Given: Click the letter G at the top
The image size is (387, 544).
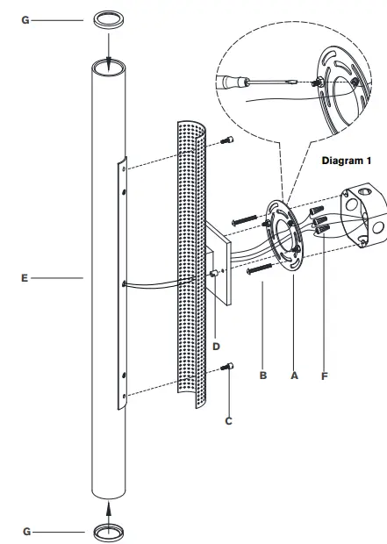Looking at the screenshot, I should click(25, 18).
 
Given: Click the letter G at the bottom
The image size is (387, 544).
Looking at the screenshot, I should click(25, 532).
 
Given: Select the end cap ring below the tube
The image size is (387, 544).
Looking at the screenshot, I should click(109, 531).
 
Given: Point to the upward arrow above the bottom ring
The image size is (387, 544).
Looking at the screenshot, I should click(109, 508).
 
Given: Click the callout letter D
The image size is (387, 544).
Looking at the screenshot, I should click(216, 347).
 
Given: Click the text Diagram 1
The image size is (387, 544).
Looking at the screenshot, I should click(347, 161).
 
